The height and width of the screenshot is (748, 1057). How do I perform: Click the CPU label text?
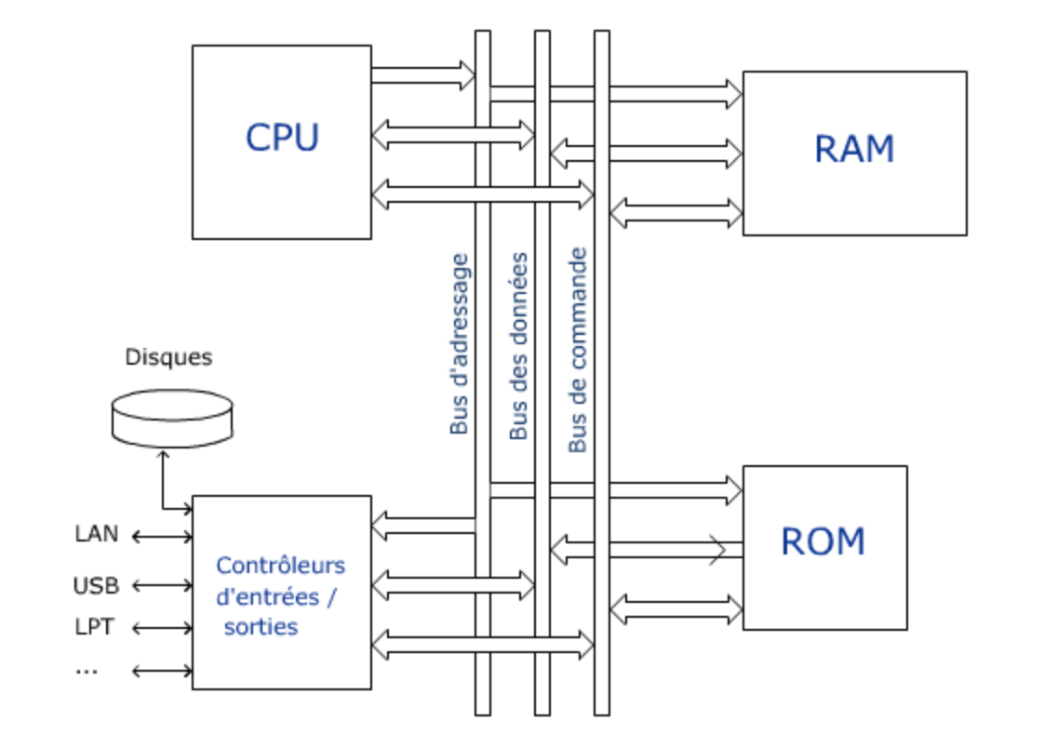coord(282,138)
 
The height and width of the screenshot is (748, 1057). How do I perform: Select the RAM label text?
coord(853,150)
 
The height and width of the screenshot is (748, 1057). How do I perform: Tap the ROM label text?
coord(823,541)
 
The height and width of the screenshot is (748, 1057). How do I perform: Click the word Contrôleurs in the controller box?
coord(280,566)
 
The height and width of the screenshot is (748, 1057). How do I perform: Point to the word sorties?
coord(261,627)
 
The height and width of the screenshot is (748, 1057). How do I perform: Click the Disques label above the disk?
coord(168,357)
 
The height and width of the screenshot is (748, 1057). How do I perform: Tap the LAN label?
coord(97,534)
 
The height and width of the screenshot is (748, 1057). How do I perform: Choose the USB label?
coord(96,586)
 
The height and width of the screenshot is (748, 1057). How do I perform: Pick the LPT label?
coord(94,627)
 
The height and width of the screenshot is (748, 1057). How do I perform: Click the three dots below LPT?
coord(87,671)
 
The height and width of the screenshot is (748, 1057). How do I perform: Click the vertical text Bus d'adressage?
coord(460,344)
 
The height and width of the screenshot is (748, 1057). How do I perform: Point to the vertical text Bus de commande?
coord(578,350)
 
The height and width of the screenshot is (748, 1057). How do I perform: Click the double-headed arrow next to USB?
coord(162,586)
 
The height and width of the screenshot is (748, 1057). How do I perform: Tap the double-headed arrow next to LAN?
coord(162,537)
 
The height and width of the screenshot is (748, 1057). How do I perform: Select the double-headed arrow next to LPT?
coord(162,628)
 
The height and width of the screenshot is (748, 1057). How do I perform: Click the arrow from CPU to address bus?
coord(423,75)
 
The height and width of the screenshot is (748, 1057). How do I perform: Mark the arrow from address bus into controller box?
coord(423,526)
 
